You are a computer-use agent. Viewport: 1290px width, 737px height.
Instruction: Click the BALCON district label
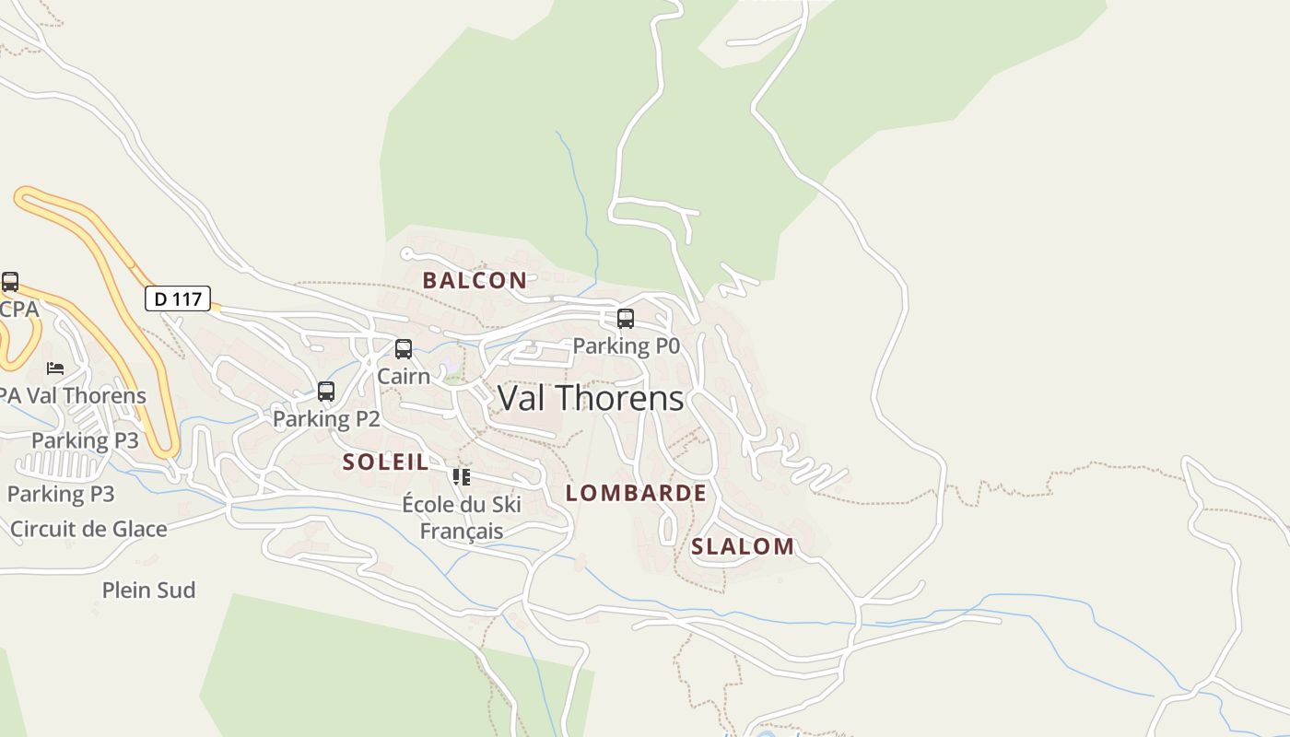click(475, 280)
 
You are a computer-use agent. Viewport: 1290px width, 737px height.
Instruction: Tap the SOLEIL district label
click(385, 462)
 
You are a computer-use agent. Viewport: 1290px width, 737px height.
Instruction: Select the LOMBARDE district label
click(636, 493)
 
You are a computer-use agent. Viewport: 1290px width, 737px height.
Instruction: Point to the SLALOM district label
click(742, 546)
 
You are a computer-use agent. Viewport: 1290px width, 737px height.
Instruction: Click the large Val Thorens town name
click(591, 398)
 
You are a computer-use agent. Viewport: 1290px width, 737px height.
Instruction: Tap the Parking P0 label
click(626, 345)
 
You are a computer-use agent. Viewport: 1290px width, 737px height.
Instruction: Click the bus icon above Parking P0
click(626, 319)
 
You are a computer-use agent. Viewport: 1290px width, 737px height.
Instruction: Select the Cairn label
click(404, 376)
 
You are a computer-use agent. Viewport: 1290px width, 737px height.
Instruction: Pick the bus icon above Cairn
click(404, 349)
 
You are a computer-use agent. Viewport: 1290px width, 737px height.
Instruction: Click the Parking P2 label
click(326, 418)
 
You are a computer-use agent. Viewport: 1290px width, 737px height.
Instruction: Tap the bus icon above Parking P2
click(326, 392)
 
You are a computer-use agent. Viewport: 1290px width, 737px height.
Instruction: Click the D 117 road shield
click(178, 298)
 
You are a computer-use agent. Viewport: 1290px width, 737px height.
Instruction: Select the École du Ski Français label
click(462, 517)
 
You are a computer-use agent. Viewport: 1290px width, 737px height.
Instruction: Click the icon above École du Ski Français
click(462, 477)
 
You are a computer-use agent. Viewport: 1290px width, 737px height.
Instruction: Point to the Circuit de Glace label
click(88, 529)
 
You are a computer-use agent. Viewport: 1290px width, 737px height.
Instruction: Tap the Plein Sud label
click(148, 590)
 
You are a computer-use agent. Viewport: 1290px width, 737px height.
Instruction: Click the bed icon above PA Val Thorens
click(55, 368)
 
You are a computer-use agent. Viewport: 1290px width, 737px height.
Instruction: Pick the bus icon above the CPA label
click(10, 282)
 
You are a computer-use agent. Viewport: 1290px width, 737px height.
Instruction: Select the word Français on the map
click(462, 531)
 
